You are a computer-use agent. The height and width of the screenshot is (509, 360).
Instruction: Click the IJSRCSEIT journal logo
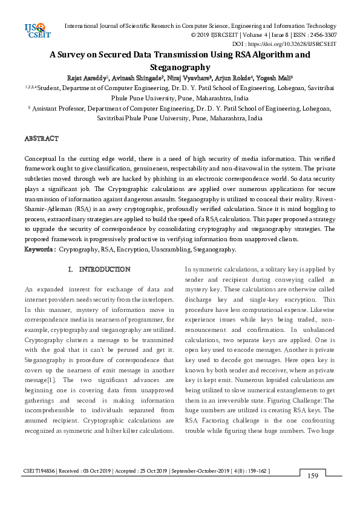click(36, 29)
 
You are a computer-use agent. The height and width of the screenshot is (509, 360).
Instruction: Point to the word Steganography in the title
click(180, 68)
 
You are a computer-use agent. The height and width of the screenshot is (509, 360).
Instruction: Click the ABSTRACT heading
click(41, 139)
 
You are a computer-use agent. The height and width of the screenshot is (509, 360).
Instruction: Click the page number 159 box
click(313, 476)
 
